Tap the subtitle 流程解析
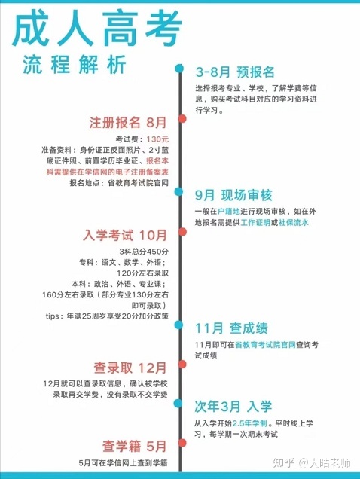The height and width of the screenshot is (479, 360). click(75, 65)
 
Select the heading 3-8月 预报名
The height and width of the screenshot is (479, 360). click(235, 72)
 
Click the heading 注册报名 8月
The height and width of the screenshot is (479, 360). click(128, 122)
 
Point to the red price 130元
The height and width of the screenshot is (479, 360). click(157, 139)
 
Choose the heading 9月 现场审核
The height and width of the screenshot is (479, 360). click(233, 195)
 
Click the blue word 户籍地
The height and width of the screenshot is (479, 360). click(229, 212)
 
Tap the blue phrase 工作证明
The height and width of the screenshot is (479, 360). click(255, 222)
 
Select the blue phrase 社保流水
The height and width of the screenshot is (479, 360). click(294, 222)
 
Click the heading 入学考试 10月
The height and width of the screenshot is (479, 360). click(125, 235)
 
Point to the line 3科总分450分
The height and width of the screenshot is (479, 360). click(144, 252)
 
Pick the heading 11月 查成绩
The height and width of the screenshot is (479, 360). click(231, 328)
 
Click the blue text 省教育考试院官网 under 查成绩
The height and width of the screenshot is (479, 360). click(265, 345)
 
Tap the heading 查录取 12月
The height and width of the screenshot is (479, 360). click(130, 368)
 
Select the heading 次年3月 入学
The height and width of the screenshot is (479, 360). click(233, 407)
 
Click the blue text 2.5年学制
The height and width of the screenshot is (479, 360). click(250, 423)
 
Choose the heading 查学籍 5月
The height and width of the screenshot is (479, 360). click(135, 446)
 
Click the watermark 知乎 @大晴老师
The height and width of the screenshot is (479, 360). click(312, 463)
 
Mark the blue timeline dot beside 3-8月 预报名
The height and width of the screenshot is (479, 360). click(179, 69)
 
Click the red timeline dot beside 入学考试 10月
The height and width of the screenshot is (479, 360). click(182, 232)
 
